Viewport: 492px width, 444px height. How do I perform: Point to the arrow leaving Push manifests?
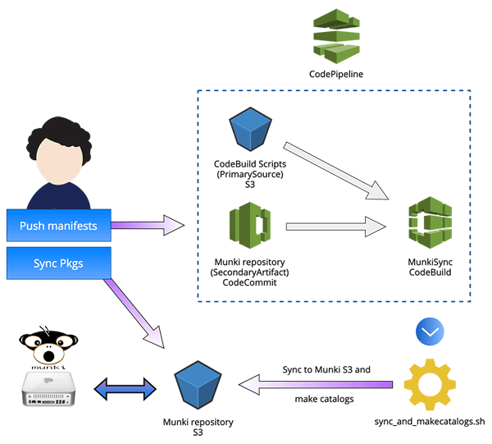point(148,225)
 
